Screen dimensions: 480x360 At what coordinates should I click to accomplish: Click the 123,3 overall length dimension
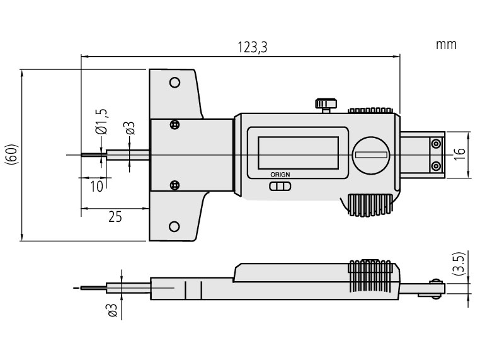pyautogui.click(x=253, y=47)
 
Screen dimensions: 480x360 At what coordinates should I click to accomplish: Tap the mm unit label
pyautogui.click(x=446, y=45)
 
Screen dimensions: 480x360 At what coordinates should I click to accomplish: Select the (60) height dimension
pyautogui.click(x=13, y=154)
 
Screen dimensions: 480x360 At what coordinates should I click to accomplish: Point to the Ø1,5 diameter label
pyautogui.click(x=101, y=122)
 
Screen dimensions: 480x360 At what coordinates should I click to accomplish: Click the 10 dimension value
pyautogui.click(x=96, y=186)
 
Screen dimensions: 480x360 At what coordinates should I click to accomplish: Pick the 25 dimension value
pyautogui.click(x=115, y=217)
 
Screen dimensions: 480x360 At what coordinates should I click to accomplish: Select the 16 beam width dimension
pyautogui.click(x=459, y=153)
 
